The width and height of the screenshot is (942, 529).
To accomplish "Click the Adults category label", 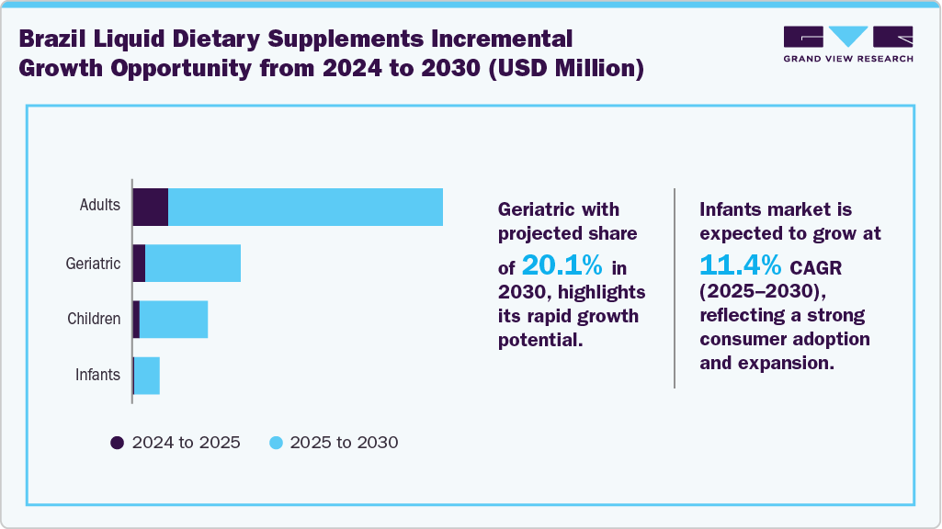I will (99, 205).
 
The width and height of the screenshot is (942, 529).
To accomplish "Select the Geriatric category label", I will (93, 264).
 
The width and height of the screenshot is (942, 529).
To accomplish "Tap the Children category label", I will (94, 319).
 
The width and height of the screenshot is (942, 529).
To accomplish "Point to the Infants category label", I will (97, 375).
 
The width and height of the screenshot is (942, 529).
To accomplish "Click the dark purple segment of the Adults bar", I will (151, 207).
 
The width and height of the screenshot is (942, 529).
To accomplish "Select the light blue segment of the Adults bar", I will (305, 207).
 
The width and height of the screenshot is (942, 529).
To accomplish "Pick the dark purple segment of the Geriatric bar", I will (139, 264).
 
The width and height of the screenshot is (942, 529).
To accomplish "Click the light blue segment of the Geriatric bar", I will (193, 264).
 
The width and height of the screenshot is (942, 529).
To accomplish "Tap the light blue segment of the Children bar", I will (174, 320).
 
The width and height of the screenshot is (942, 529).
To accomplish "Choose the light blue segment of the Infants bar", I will (147, 376).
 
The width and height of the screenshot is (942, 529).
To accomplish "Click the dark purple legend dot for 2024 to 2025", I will (118, 443).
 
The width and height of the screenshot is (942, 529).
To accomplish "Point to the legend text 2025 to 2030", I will (344, 443).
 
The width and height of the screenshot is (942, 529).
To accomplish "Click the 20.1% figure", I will (562, 266).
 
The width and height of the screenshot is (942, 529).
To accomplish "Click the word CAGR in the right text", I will (816, 267).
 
